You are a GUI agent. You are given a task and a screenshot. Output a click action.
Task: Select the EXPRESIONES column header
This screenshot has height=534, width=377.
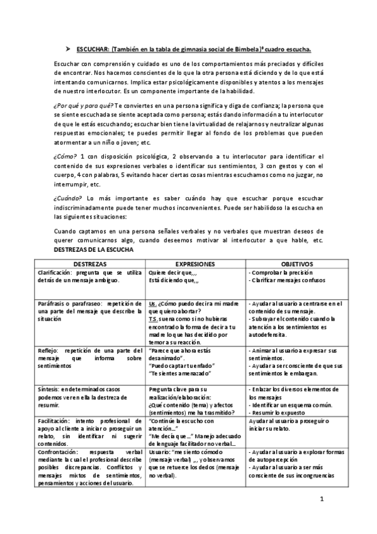point(196,263)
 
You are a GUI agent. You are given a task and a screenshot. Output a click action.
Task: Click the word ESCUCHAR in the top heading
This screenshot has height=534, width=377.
point(90,48)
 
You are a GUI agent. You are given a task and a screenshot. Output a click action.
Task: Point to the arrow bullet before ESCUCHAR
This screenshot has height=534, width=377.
point(69,48)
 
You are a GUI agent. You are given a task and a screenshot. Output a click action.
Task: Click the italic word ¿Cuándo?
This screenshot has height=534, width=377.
point(69,198)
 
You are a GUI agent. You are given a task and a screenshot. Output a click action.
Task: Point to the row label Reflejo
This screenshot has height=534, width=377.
point(67,349)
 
